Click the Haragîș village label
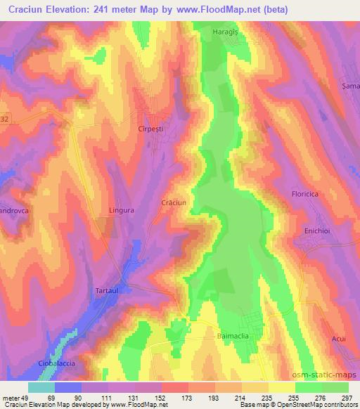point(227,32)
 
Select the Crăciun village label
point(173,202)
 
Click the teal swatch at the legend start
point(41,388)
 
